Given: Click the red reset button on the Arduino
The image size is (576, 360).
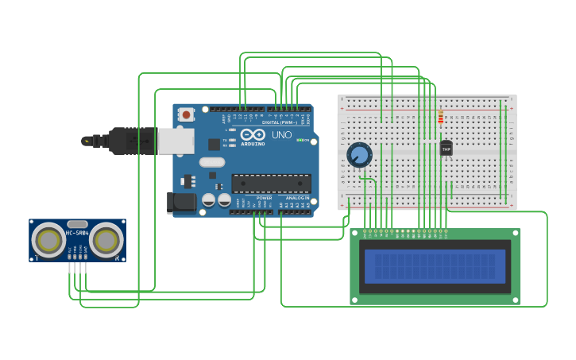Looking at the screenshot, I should [x=186, y=114].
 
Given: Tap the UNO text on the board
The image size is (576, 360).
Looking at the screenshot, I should [x=281, y=135].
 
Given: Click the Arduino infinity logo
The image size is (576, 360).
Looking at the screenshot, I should [x=253, y=134].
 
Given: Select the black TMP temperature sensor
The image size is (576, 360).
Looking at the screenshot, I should [x=446, y=148].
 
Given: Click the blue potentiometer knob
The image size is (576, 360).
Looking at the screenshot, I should [x=359, y=154].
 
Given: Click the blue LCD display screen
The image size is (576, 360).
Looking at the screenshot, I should [x=435, y=266].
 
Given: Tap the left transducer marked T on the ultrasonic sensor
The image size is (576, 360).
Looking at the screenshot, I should [x=48, y=239].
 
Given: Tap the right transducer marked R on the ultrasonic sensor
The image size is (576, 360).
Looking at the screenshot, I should [x=106, y=239].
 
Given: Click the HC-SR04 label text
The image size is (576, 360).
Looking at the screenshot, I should [x=77, y=233].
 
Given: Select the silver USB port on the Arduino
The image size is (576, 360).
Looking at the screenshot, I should [x=176, y=141].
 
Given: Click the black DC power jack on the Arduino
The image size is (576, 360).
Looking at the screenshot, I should [x=181, y=203].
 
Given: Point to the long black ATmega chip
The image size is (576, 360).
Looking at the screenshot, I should [x=271, y=184].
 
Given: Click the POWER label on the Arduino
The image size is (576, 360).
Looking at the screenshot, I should [x=264, y=198].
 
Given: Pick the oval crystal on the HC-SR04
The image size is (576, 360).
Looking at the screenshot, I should [x=77, y=224].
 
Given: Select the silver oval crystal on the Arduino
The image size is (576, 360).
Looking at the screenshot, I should [x=212, y=162].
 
